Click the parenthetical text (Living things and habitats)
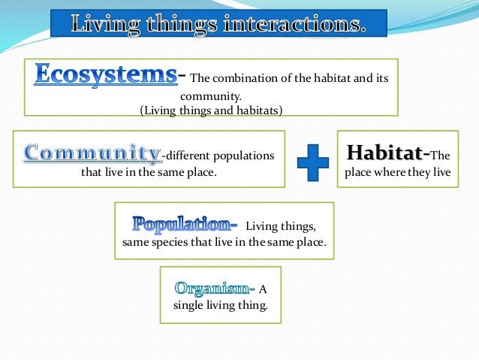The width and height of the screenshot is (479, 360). click(x=211, y=110)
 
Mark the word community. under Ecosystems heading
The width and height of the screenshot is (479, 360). click(x=210, y=95)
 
